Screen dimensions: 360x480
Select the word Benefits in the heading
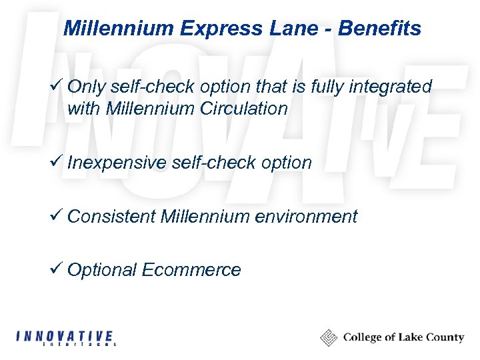pos(379,29)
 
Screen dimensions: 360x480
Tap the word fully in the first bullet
pos(325,87)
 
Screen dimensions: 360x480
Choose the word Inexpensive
pos(117,162)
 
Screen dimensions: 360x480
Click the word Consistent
pos(112,216)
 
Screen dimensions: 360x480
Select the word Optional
pos(103,269)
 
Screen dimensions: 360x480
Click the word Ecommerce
pos(191,269)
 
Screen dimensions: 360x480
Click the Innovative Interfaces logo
pos(65,338)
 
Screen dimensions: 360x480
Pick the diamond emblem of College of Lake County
pos(329,337)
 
